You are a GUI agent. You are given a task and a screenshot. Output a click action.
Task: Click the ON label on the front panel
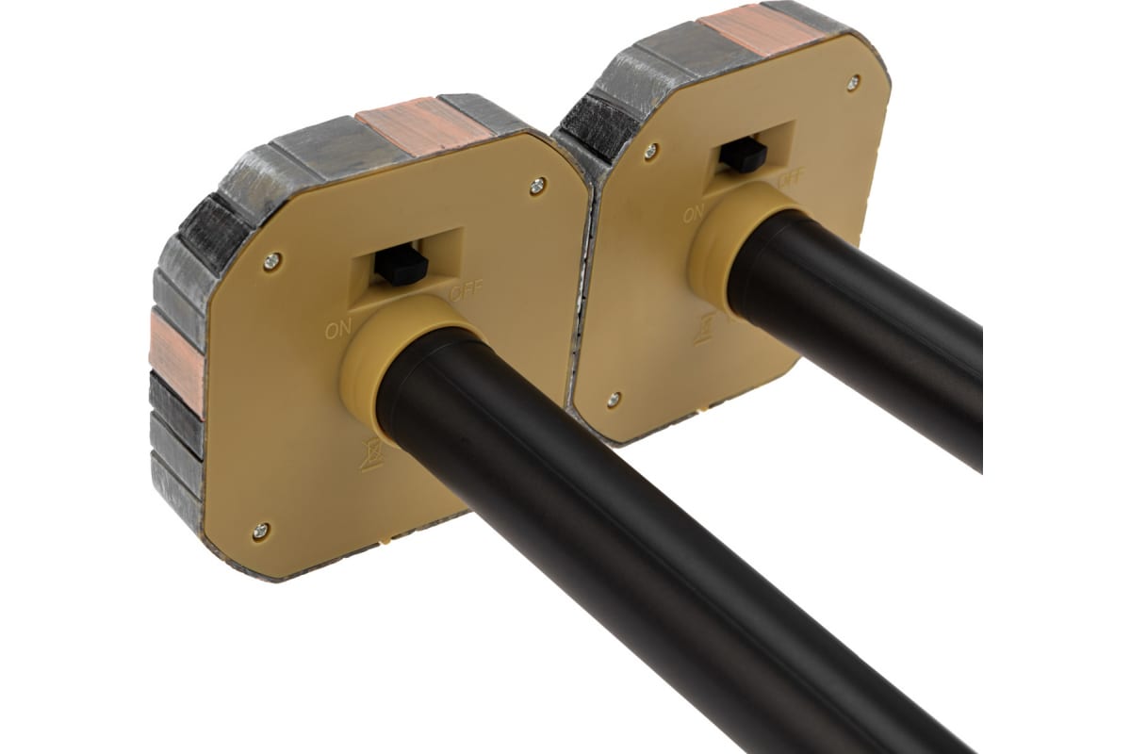tap(338, 330)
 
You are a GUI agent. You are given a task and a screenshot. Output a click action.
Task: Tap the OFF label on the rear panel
tap(792, 179)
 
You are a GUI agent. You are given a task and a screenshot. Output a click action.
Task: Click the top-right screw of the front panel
tap(538, 187)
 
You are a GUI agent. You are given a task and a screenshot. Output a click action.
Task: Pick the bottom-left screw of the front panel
tap(260, 531)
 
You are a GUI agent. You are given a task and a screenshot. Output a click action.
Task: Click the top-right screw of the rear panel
tap(853, 81)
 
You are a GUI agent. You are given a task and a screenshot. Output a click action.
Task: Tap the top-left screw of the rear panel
tap(651, 150)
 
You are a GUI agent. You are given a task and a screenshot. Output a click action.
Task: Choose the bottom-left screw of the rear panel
tap(614, 399)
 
